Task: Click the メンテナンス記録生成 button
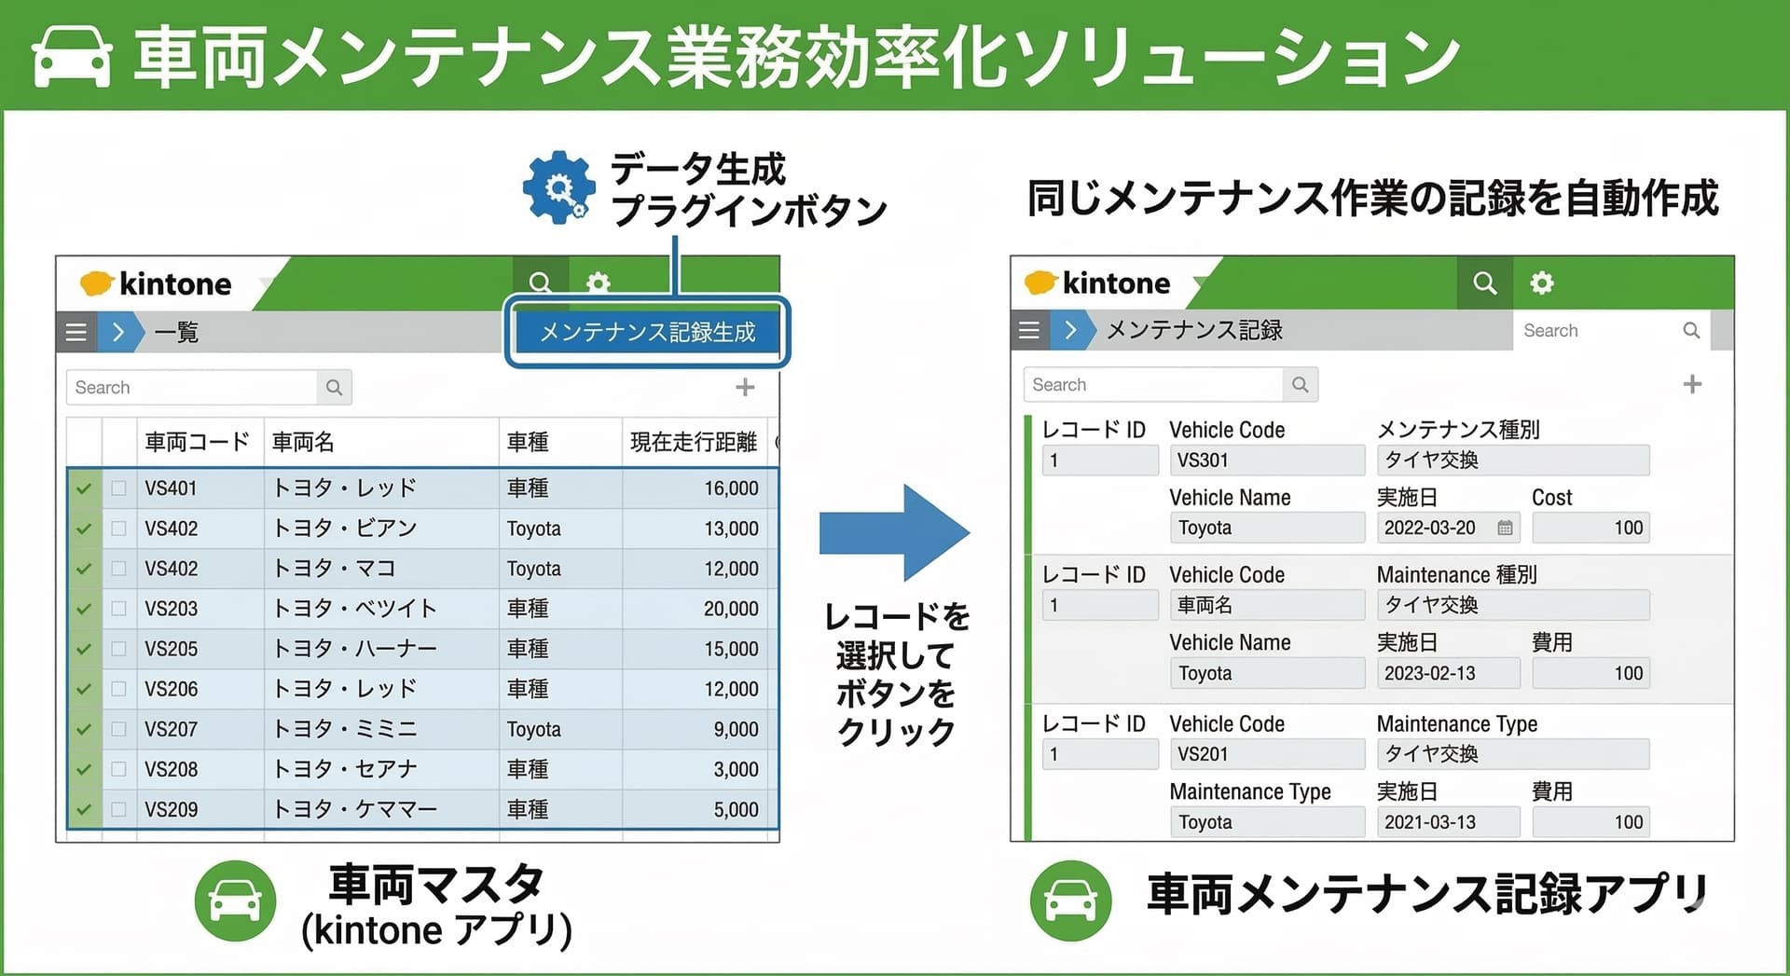click(x=647, y=332)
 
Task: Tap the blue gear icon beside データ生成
click(x=558, y=187)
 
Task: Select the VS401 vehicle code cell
click(x=171, y=488)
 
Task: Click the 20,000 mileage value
click(x=731, y=609)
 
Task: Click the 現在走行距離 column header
click(x=694, y=442)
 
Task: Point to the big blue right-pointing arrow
click(x=894, y=533)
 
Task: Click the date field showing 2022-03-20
click(x=1448, y=528)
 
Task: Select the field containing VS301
click(x=1267, y=461)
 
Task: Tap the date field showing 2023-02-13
click(x=1448, y=673)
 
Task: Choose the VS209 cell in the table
click(x=171, y=810)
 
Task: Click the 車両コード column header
click(x=197, y=442)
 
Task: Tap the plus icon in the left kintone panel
click(x=745, y=387)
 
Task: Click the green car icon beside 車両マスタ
click(x=235, y=900)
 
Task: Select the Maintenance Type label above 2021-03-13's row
click(x=1249, y=791)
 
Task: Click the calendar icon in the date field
click(x=1505, y=528)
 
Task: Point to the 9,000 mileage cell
click(x=736, y=729)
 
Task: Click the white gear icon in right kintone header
click(x=1542, y=282)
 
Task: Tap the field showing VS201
click(x=1267, y=754)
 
